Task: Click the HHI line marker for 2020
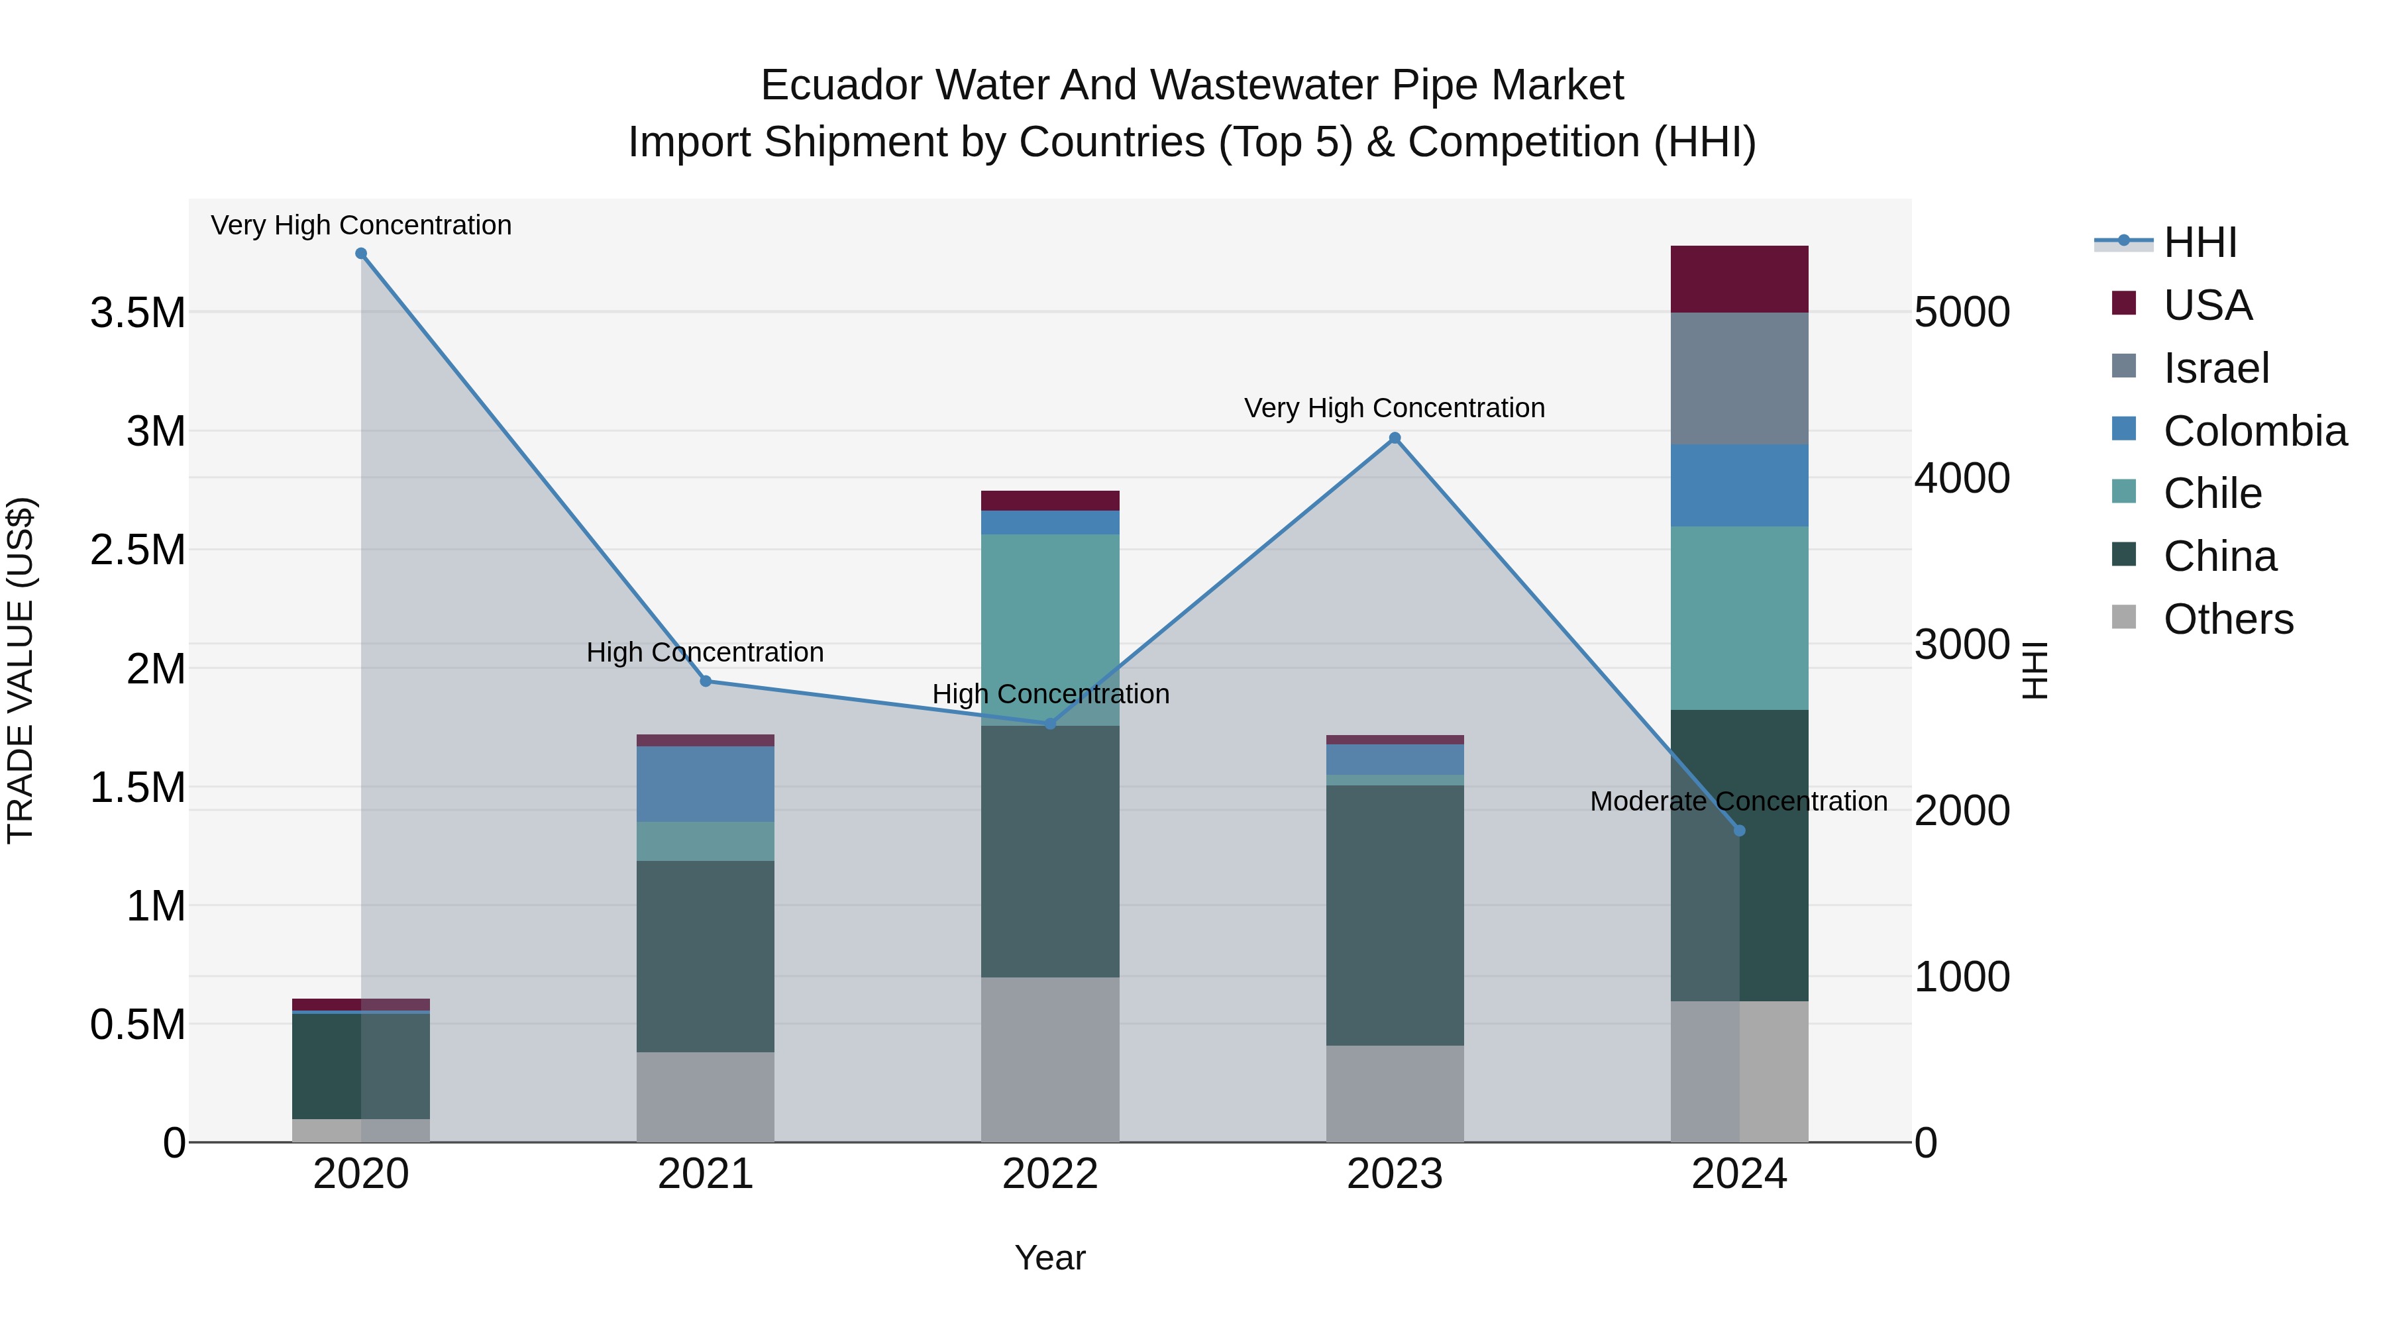click(x=361, y=254)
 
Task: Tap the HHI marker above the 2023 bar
click(x=1395, y=438)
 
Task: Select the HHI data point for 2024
click(x=1739, y=831)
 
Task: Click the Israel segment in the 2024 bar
click(x=1739, y=379)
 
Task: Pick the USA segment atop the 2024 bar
click(x=1739, y=279)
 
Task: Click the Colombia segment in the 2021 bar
click(x=706, y=784)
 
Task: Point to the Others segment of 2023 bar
click(x=1395, y=1094)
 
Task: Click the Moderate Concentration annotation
click(x=1738, y=801)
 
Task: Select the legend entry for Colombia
click(x=2254, y=431)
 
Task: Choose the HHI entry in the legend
click(x=2199, y=242)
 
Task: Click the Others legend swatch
click(x=2124, y=617)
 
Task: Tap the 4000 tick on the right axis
click(x=1962, y=479)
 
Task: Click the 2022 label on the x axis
click(x=1050, y=1174)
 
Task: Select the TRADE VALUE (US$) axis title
click(x=21, y=670)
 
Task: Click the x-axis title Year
click(x=1050, y=1258)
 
